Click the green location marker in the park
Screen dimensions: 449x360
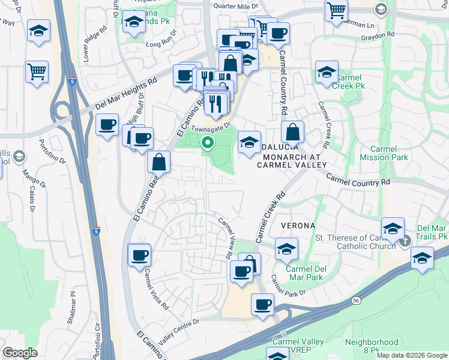click(208, 143)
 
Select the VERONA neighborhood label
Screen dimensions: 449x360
click(297, 225)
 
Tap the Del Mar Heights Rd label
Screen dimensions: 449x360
click(125, 95)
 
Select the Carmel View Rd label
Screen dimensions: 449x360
click(226, 238)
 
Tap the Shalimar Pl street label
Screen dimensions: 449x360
click(73, 309)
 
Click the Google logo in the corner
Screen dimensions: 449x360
click(20, 353)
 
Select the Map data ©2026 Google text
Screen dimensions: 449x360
click(411, 355)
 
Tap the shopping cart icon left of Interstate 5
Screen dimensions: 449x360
click(37, 71)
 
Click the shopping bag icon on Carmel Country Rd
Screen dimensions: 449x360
click(292, 131)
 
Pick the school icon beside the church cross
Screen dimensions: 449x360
click(393, 229)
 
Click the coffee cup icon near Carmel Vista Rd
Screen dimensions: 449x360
click(139, 255)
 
